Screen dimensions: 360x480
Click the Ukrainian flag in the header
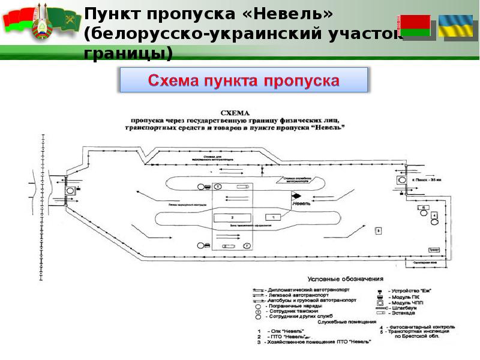455,26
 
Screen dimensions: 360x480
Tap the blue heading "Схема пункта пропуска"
244,80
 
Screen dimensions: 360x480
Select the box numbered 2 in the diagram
232,217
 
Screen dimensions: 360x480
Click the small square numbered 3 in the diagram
378,230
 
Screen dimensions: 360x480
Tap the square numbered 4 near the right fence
435,215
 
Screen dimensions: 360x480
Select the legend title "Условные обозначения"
345,279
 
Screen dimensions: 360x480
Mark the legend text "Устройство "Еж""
411,291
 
